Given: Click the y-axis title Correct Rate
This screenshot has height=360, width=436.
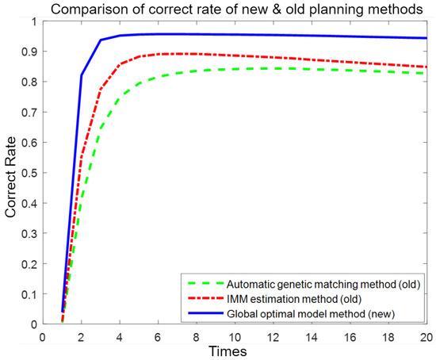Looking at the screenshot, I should (x=10, y=173).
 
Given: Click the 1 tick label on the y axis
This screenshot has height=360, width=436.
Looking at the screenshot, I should (x=33, y=21).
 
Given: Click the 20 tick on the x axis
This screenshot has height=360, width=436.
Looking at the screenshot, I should (x=426, y=335).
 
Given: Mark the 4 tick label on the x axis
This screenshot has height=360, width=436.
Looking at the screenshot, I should (x=119, y=335).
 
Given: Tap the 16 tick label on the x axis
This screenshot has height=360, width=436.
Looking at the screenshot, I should (x=349, y=335).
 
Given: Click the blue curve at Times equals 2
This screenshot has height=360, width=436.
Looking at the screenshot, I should (x=81, y=75).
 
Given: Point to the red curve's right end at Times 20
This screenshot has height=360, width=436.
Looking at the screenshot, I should (x=426, y=67).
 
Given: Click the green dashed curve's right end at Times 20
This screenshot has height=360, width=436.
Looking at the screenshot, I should (x=426, y=73).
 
